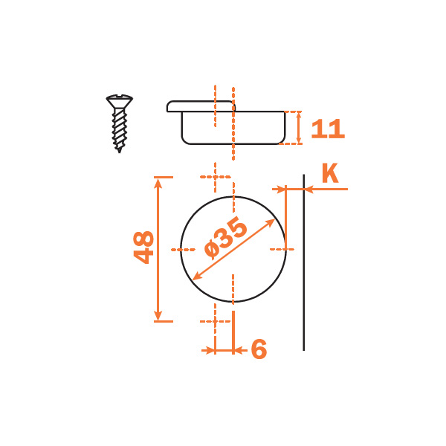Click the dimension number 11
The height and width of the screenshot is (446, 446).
[328, 129]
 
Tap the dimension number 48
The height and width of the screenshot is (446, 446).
[143, 248]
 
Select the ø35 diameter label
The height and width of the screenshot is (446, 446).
[226, 238]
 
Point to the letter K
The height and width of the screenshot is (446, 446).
[330, 172]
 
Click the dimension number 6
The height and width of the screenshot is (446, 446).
[259, 349]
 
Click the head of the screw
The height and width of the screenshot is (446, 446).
[120, 100]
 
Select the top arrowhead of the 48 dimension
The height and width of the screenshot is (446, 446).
[158, 184]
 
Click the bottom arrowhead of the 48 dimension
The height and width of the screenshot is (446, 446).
[158, 315]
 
